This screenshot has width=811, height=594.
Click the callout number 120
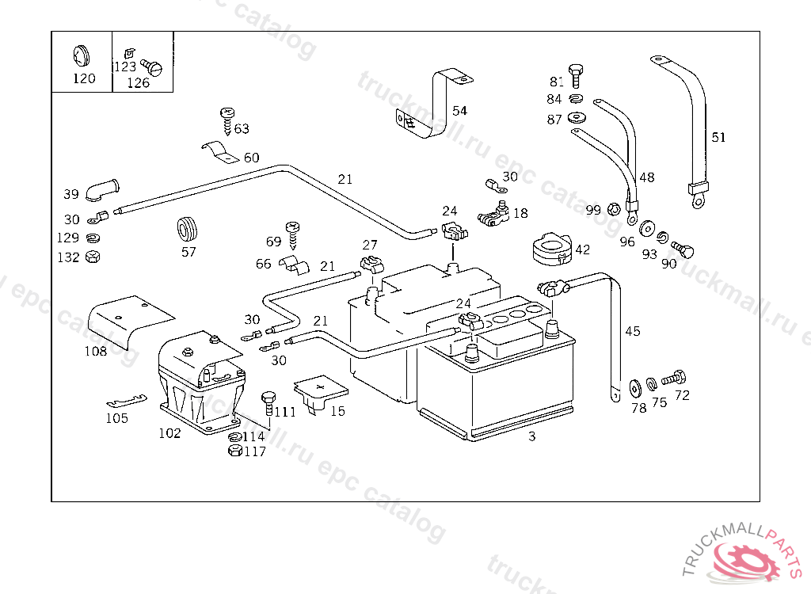[x=84, y=78]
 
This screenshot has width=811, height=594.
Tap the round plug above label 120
[x=80, y=55]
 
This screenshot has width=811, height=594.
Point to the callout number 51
[x=718, y=137]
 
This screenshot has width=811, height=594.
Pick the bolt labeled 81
[x=576, y=76]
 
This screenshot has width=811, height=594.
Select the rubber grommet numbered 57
[x=187, y=228]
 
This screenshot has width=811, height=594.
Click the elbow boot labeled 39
[x=103, y=191]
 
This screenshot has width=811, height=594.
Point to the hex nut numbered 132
[x=92, y=257]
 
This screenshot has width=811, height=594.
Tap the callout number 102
[x=169, y=433]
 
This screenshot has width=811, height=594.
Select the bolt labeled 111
[x=268, y=402]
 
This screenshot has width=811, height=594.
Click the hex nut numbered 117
[x=234, y=451]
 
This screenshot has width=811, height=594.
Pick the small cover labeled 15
[x=321, y=392]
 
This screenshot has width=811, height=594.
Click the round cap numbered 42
[x=550, y=245]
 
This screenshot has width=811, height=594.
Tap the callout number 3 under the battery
[x=532, y=436]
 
